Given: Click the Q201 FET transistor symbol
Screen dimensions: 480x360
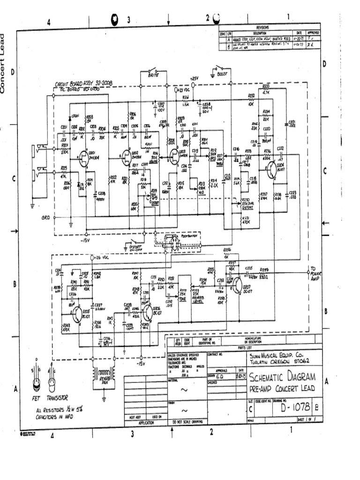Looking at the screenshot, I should (x=84, y=156).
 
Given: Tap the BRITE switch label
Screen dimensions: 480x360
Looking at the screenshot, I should (x=153, y=75).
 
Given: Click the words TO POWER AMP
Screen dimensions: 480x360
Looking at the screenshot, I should (x=314, y=273).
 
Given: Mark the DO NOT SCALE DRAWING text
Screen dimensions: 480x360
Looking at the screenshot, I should (x=187, y=422).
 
